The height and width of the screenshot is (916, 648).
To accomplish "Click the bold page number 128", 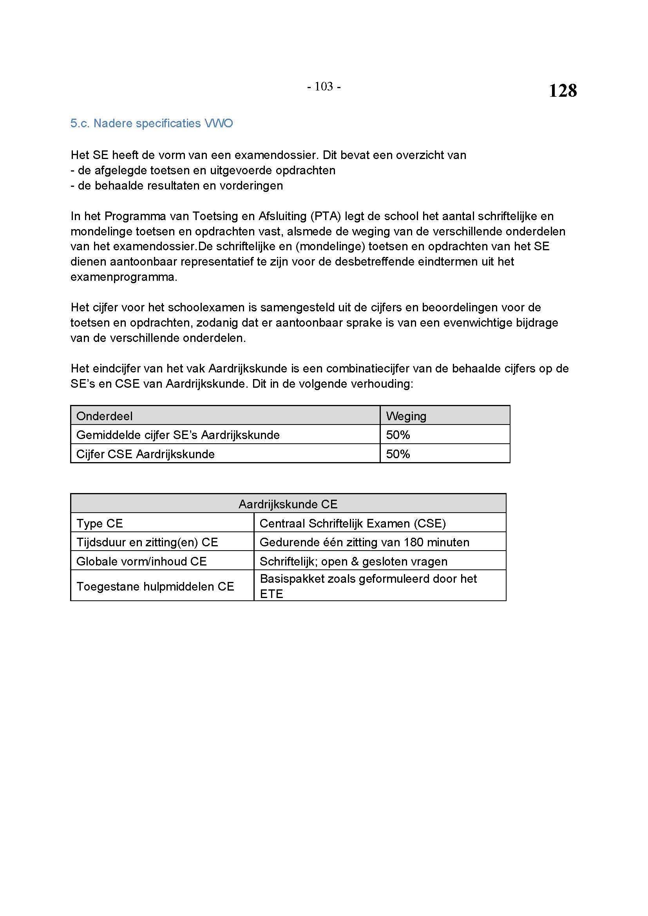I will pos(562,90).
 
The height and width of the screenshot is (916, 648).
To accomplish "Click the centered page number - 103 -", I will pos(324,86).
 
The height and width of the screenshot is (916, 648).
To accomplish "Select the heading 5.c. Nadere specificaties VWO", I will pos(152,123).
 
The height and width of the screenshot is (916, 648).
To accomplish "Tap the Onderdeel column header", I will pos(105,416).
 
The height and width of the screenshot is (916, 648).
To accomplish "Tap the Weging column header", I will pos(406,416).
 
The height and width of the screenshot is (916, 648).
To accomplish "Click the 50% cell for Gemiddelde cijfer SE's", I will pos(398,435).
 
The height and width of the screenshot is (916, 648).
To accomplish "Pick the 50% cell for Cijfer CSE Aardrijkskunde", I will pos(398,454).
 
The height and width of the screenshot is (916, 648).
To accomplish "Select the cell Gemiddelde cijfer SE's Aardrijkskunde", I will pos(178,435).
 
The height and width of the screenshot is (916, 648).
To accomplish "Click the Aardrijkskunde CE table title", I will pos(288,504).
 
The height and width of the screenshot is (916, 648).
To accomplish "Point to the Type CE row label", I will pos(100,524).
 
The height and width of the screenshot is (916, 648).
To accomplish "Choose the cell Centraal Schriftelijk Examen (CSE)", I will pos(352,524).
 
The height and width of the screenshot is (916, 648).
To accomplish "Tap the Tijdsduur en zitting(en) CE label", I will pos(147,542).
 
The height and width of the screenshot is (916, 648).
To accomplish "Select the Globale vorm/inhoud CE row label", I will pos(141,561).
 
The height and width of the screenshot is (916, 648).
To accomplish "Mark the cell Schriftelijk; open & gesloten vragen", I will pos(353,561).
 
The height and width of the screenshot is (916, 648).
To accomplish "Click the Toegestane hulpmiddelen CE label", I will pos(155,586).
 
